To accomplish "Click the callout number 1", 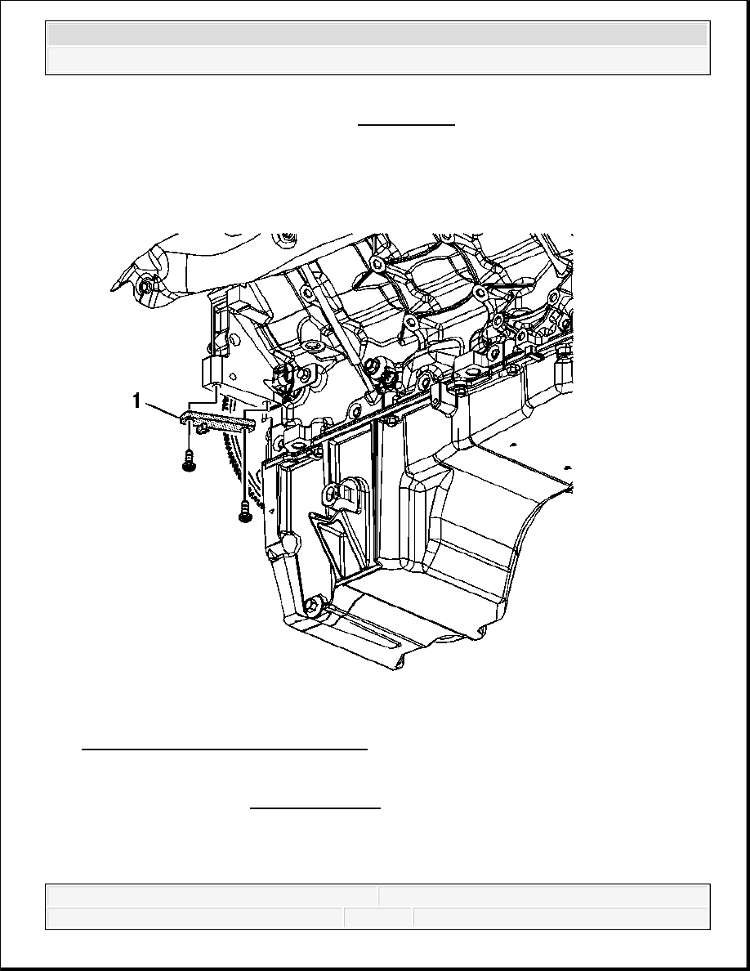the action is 136,402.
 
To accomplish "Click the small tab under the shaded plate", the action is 199,427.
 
